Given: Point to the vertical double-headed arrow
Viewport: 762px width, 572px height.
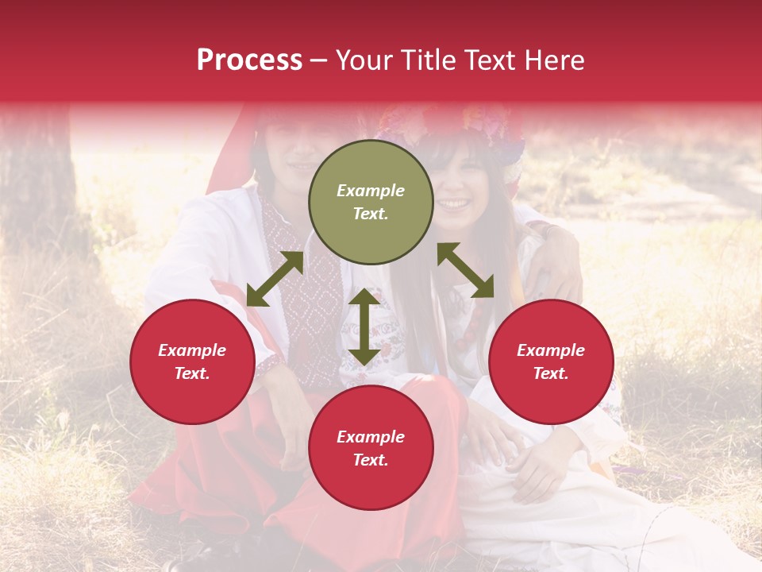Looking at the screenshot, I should point(364,327).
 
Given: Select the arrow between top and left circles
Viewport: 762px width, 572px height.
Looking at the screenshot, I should point(275,279).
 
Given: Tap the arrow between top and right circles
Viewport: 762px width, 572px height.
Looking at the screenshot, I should point(465,271).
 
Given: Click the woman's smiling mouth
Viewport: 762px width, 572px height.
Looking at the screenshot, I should point(455,204).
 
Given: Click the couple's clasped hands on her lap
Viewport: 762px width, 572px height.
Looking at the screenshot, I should point(508,453).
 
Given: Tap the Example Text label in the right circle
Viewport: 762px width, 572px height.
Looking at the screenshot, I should point(551,361).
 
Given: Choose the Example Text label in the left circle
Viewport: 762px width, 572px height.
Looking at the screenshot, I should point(192,361).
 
